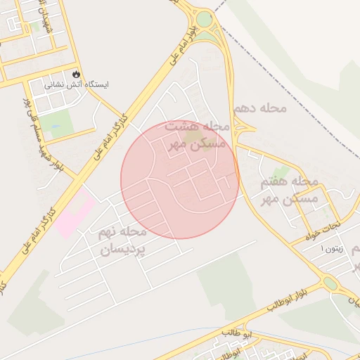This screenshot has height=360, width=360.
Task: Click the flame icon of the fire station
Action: coord(76,74)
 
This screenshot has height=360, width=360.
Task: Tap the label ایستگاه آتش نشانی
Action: coord(77,84)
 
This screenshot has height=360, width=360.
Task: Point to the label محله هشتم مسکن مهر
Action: coord(198,134)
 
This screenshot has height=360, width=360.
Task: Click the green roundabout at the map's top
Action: coord(204,20)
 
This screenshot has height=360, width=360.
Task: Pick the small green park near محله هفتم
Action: coord(281,172)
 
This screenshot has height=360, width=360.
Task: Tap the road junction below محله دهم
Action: coord(243,131)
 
